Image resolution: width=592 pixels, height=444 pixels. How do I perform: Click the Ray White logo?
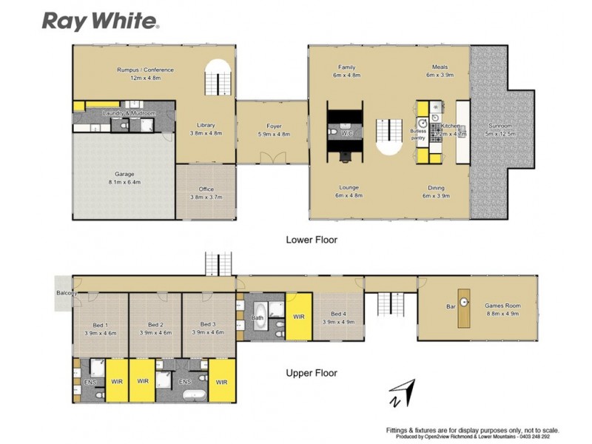coord(100,21)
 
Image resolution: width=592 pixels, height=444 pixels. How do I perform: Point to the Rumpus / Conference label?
coord(145,70)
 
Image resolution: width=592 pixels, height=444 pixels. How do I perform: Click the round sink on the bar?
coord(465,302)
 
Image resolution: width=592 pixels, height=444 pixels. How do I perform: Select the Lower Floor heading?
coord(312,240)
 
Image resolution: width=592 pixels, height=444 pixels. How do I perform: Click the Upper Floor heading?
coord(312,373)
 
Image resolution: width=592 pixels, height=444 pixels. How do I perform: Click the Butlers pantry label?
coord(419,134)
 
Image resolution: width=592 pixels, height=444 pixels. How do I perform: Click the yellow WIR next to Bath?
coord(298,316)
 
